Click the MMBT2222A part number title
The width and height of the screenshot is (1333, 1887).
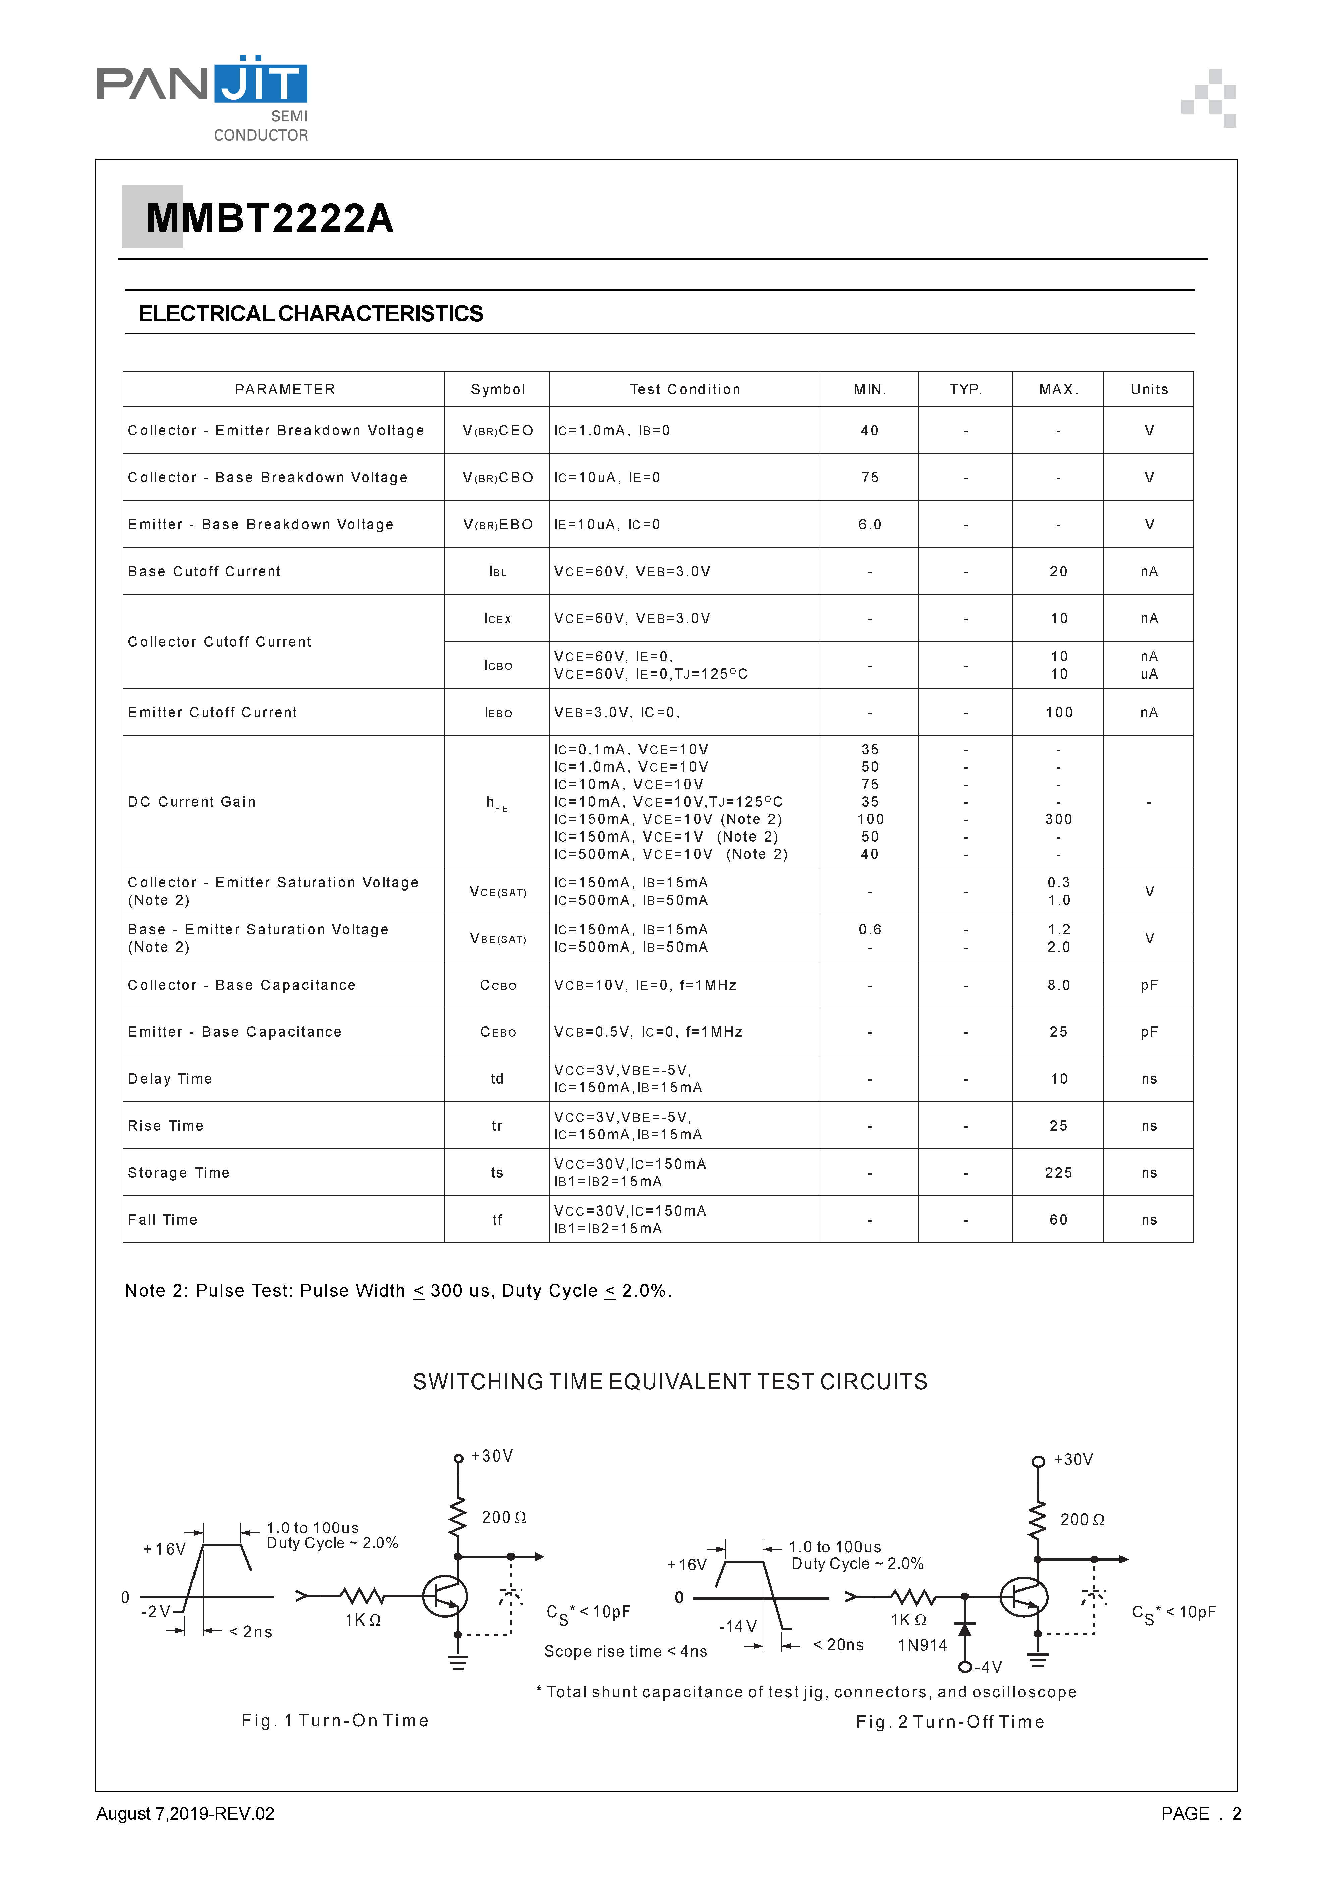pyautogui.click(x=270, y=219)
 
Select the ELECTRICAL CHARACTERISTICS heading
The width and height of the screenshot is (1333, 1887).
pyautogui.click(x=311, y=314)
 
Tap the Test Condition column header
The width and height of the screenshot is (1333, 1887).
pyautogui.click(x=684, y=389)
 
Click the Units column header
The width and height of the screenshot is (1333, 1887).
pyautogui.click(x=1148, y=389)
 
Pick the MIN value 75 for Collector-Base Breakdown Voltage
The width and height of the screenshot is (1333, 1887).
pyautogui.click(x=870, y=478)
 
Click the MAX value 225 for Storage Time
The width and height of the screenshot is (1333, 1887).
pyautogui.click(x=1058, y=1173)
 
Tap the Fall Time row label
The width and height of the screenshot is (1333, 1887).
pyautogui.click(x=163, y=1220)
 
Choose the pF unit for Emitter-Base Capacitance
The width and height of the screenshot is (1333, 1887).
pyautogui.click(x=1148, y=1032)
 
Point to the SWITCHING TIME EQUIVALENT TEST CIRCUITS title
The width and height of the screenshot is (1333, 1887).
pyautogui.click(x=670, y=1382)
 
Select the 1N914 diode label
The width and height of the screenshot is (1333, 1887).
pyautogui.click(x=922, y=1645)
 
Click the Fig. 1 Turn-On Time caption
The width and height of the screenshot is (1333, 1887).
pyautogui.click(x=334, y=1720)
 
